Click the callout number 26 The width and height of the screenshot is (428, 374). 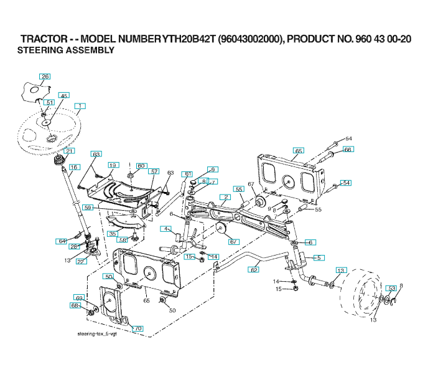45,77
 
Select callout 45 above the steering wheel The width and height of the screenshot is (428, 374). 63,96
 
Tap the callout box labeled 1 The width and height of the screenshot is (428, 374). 81,106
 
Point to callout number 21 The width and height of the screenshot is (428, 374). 68,151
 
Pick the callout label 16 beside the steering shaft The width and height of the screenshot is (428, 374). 74,167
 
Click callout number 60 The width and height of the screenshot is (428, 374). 141,166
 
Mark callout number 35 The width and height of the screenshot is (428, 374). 112,234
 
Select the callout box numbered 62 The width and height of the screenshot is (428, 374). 254,270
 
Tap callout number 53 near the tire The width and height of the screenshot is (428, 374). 391,288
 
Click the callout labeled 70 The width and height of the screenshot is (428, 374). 138,328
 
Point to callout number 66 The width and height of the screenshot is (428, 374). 348,150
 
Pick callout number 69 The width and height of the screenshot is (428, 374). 79,297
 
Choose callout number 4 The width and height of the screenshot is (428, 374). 166,229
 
